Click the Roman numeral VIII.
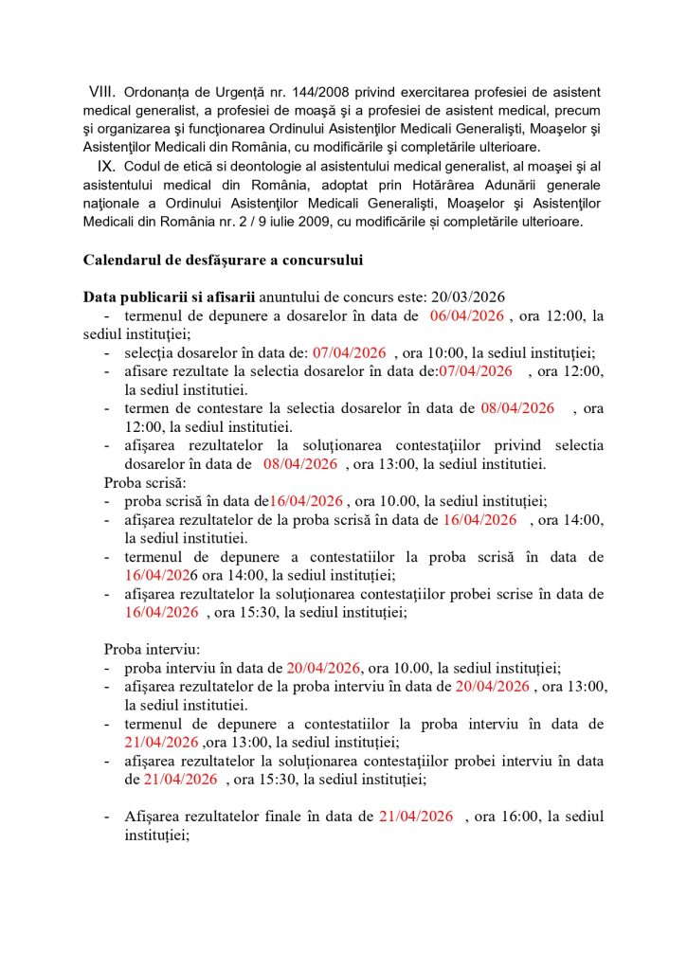[x=101, y=92]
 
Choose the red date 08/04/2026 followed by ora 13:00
[x=300, y=464]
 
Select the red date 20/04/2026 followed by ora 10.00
[x=325, y=668]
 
